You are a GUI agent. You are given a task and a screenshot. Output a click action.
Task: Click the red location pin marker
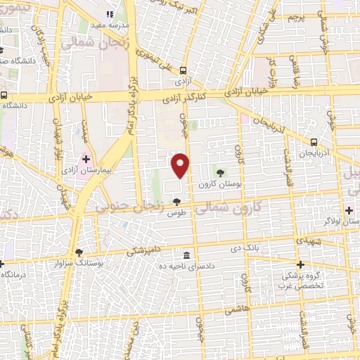pyautogui.click(x=181, y=165)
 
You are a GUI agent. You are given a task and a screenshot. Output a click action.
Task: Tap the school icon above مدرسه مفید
pyautogui.click(x=109, y=14)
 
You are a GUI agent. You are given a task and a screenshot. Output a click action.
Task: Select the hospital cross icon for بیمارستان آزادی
pyautogui.click(x=86, y=160)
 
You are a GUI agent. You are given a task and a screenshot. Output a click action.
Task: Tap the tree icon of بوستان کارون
pyautogui.click(x=221, y=172)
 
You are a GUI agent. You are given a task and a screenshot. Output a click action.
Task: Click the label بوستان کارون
pyautogui.click(x=214, y=184)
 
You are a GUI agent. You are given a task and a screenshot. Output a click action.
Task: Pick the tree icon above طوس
pyautogui.click(x=176, y=202)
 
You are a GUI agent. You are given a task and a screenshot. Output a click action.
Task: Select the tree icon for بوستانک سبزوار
pyautogui.click(x=79, y=252)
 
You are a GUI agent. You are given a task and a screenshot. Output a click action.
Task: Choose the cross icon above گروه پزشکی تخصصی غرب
pyautogui.click(x=300, y=265)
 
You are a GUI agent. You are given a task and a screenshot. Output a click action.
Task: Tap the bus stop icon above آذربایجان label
pyautogui.click(x=309, y=142)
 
